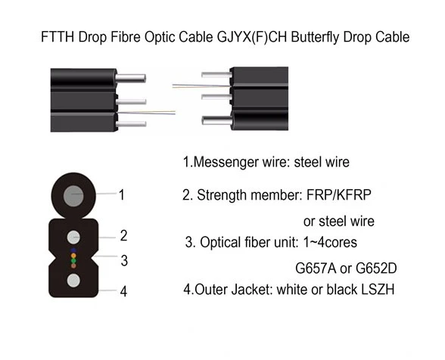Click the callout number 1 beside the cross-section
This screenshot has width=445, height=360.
(122, 195)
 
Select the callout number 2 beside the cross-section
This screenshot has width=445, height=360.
(123, 235)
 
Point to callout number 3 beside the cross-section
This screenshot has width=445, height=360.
(124, 260)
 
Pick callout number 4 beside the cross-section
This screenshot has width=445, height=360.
(123, 291)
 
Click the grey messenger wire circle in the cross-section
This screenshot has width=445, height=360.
(73, 195)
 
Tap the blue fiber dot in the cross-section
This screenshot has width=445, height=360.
(73, 250)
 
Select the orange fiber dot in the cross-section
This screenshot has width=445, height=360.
(73, 256)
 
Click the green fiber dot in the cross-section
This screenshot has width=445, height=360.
(73, 261)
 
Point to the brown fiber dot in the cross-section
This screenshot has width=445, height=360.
(73, 265)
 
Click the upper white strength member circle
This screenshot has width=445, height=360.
(73, 237)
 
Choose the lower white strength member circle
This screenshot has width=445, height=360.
(73, 281)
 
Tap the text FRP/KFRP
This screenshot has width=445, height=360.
(339, 195)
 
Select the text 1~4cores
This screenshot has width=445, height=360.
(330, 243)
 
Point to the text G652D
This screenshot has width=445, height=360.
(376, 268)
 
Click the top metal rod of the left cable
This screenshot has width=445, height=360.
(130, 79)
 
